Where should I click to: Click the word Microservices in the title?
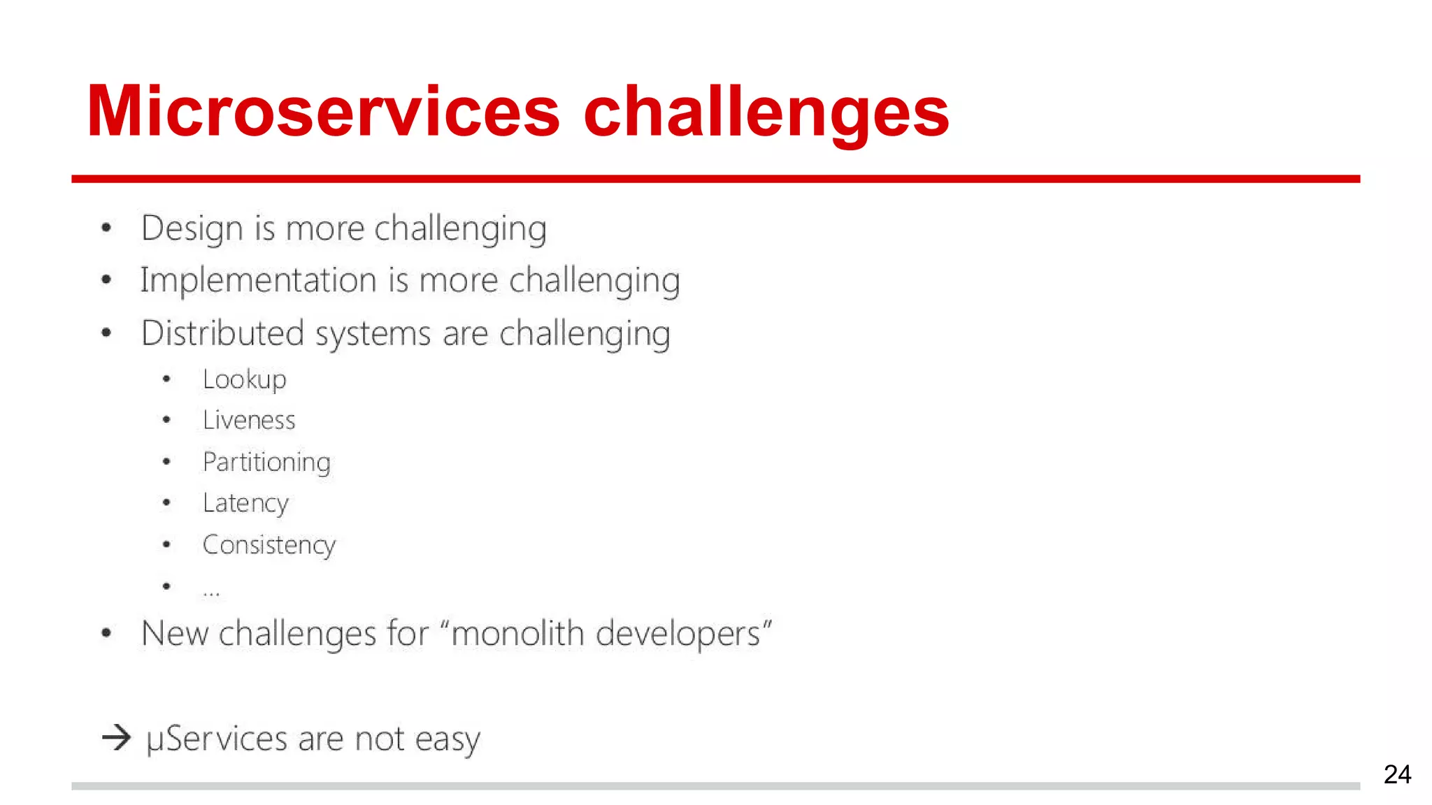click(x=323, y=112)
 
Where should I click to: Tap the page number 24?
click(x=1397, y=774)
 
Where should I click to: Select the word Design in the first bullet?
click(x=192, y=229)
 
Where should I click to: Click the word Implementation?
click(x=258, y=281)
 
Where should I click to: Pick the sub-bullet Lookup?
click(x=244, y=380)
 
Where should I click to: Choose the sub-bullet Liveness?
click(x=249, y=421)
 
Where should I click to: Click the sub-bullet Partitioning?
click(x=266, y=463)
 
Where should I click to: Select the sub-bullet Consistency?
click(x=269, y=545)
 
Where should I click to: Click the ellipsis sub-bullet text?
click(x=211, y=593)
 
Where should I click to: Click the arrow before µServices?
click(x=116, y=737)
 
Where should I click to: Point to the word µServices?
click(x=217, y=739)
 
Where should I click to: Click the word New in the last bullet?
click(x=175, y=634)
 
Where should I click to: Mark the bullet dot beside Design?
click(x=106, y=228)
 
